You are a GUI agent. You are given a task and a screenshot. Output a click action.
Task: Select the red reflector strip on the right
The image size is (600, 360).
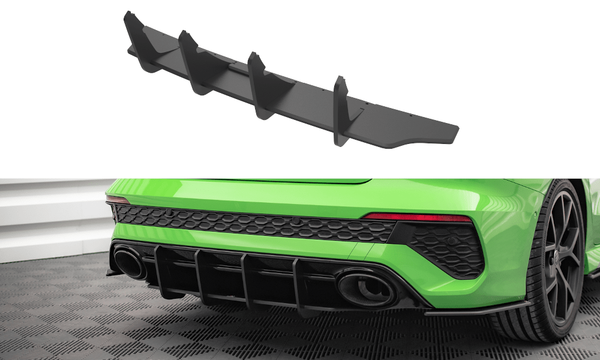(418, 217)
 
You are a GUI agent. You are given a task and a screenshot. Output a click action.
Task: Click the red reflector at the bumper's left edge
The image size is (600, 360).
(117, 199)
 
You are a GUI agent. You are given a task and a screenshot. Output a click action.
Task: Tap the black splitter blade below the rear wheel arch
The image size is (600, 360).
(474, 310)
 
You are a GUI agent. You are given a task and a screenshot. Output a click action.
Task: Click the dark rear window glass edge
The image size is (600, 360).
(300, 181)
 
